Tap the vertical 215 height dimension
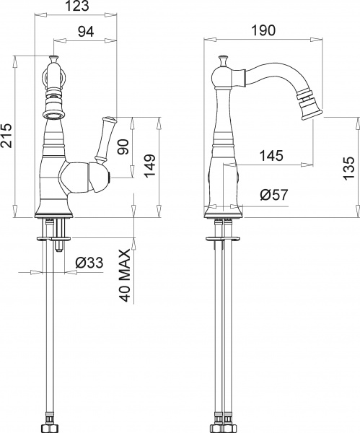click(x=7, y=135)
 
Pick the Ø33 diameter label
click(x=89, y=263)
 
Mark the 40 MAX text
click(x=125, y=276)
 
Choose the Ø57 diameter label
click(x=273, y=194)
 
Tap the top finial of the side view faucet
click(x=224, y=58)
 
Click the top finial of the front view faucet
click(x=53, y=58)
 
